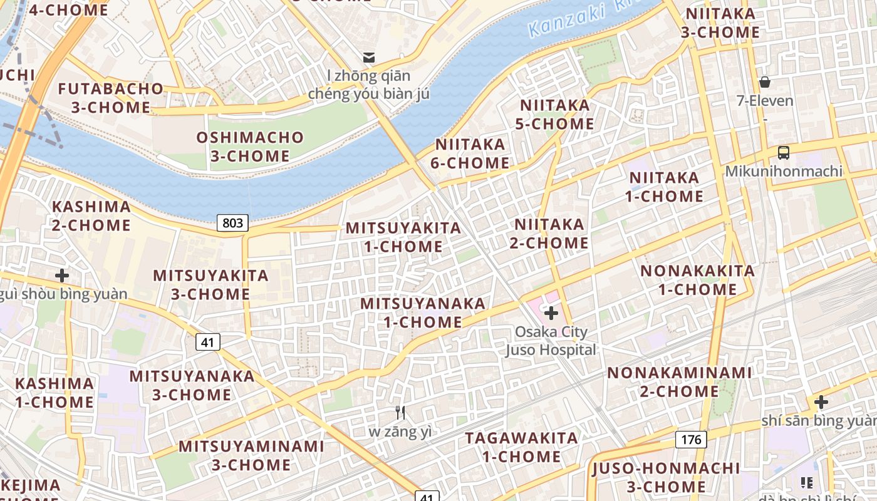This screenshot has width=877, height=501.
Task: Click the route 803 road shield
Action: click(x=232, y=223)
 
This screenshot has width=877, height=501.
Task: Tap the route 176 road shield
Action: click(x=691, y=440)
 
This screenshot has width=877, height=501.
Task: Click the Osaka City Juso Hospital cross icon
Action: click(x=551, y=312)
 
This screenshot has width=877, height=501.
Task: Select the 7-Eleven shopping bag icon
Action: click(x=764, y=82)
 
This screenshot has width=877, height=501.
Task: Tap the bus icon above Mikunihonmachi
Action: click(x=783, y=152)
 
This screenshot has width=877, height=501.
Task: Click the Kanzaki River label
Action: click(x=567, y=19)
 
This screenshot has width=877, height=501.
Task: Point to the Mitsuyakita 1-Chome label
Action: click(x=403, y=237)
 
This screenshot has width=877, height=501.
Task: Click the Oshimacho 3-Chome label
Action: click(x=250, y=147)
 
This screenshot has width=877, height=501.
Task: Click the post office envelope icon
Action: click(x=369, y=58)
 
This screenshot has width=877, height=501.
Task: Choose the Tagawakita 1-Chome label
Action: click(x=521, y=447)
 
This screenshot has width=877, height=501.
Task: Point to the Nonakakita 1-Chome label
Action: click(x=697, y=280)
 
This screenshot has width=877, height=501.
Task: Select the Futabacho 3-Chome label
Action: click(x=111, y=98)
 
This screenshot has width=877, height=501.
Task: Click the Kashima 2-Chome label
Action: click(x=91, y=215)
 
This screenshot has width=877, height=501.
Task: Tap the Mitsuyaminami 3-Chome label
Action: click(x=251, y=455)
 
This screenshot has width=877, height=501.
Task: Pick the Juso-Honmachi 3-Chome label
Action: click(x=666, y=477)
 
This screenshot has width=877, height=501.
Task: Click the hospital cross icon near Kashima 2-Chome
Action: click(x=62, y=275)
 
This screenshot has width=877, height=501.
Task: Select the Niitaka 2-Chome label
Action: click(x=549, y=233)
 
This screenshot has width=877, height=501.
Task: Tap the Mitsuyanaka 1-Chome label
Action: click(x=423, y=312)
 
